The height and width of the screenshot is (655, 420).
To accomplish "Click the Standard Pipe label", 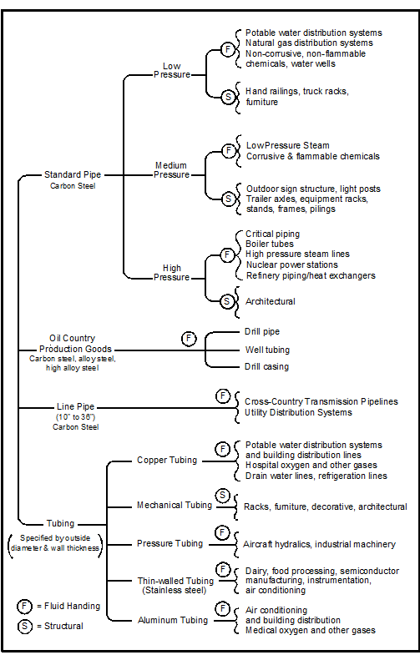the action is [x=73, y=174].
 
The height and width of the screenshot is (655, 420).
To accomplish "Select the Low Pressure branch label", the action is [x=172, y=70].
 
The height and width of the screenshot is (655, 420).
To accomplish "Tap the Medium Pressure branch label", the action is [x=171, y=170].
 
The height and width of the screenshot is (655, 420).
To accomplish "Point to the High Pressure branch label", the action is [x=172, y=272].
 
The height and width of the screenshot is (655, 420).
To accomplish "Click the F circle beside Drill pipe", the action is [x=189, y=339].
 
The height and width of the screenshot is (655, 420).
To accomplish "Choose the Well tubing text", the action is [x=267, y=350].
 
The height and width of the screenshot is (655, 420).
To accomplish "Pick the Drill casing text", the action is [x=266, y=367].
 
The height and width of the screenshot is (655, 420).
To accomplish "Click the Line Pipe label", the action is [x=76, y=406].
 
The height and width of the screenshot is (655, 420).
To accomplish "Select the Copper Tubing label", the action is [x=167, y=460].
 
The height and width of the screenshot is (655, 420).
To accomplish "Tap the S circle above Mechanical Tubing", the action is [x=223, y=496].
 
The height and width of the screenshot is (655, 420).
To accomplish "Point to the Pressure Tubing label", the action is [x=170, y=543].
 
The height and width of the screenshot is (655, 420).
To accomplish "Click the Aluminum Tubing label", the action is [x=173, y=620].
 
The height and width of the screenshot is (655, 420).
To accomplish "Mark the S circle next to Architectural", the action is [x=227, y=300].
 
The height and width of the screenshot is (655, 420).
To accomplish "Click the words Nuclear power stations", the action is [x=291, y=265].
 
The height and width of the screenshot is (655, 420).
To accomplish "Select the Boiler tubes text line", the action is [x=270, y=244].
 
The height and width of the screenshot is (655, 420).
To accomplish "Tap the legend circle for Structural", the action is [x=24, y=626].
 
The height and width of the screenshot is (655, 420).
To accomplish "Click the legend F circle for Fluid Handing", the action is [x=24, y=606].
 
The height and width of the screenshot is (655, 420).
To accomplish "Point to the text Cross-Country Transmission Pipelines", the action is [x=321, y=401].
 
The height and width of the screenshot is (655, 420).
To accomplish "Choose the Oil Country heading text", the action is [x=73, y=338].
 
